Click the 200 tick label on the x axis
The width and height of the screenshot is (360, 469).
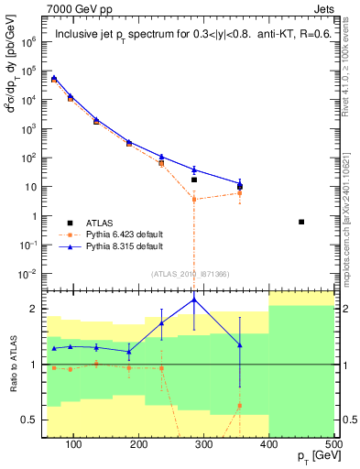click(x=139, y=444)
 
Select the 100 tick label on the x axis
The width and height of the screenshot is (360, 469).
click(x=74, y=444)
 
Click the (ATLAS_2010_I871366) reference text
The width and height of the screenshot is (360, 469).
click(x=190, y=273)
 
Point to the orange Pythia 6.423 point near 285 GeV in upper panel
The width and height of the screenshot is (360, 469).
click(x=194, y=199)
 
